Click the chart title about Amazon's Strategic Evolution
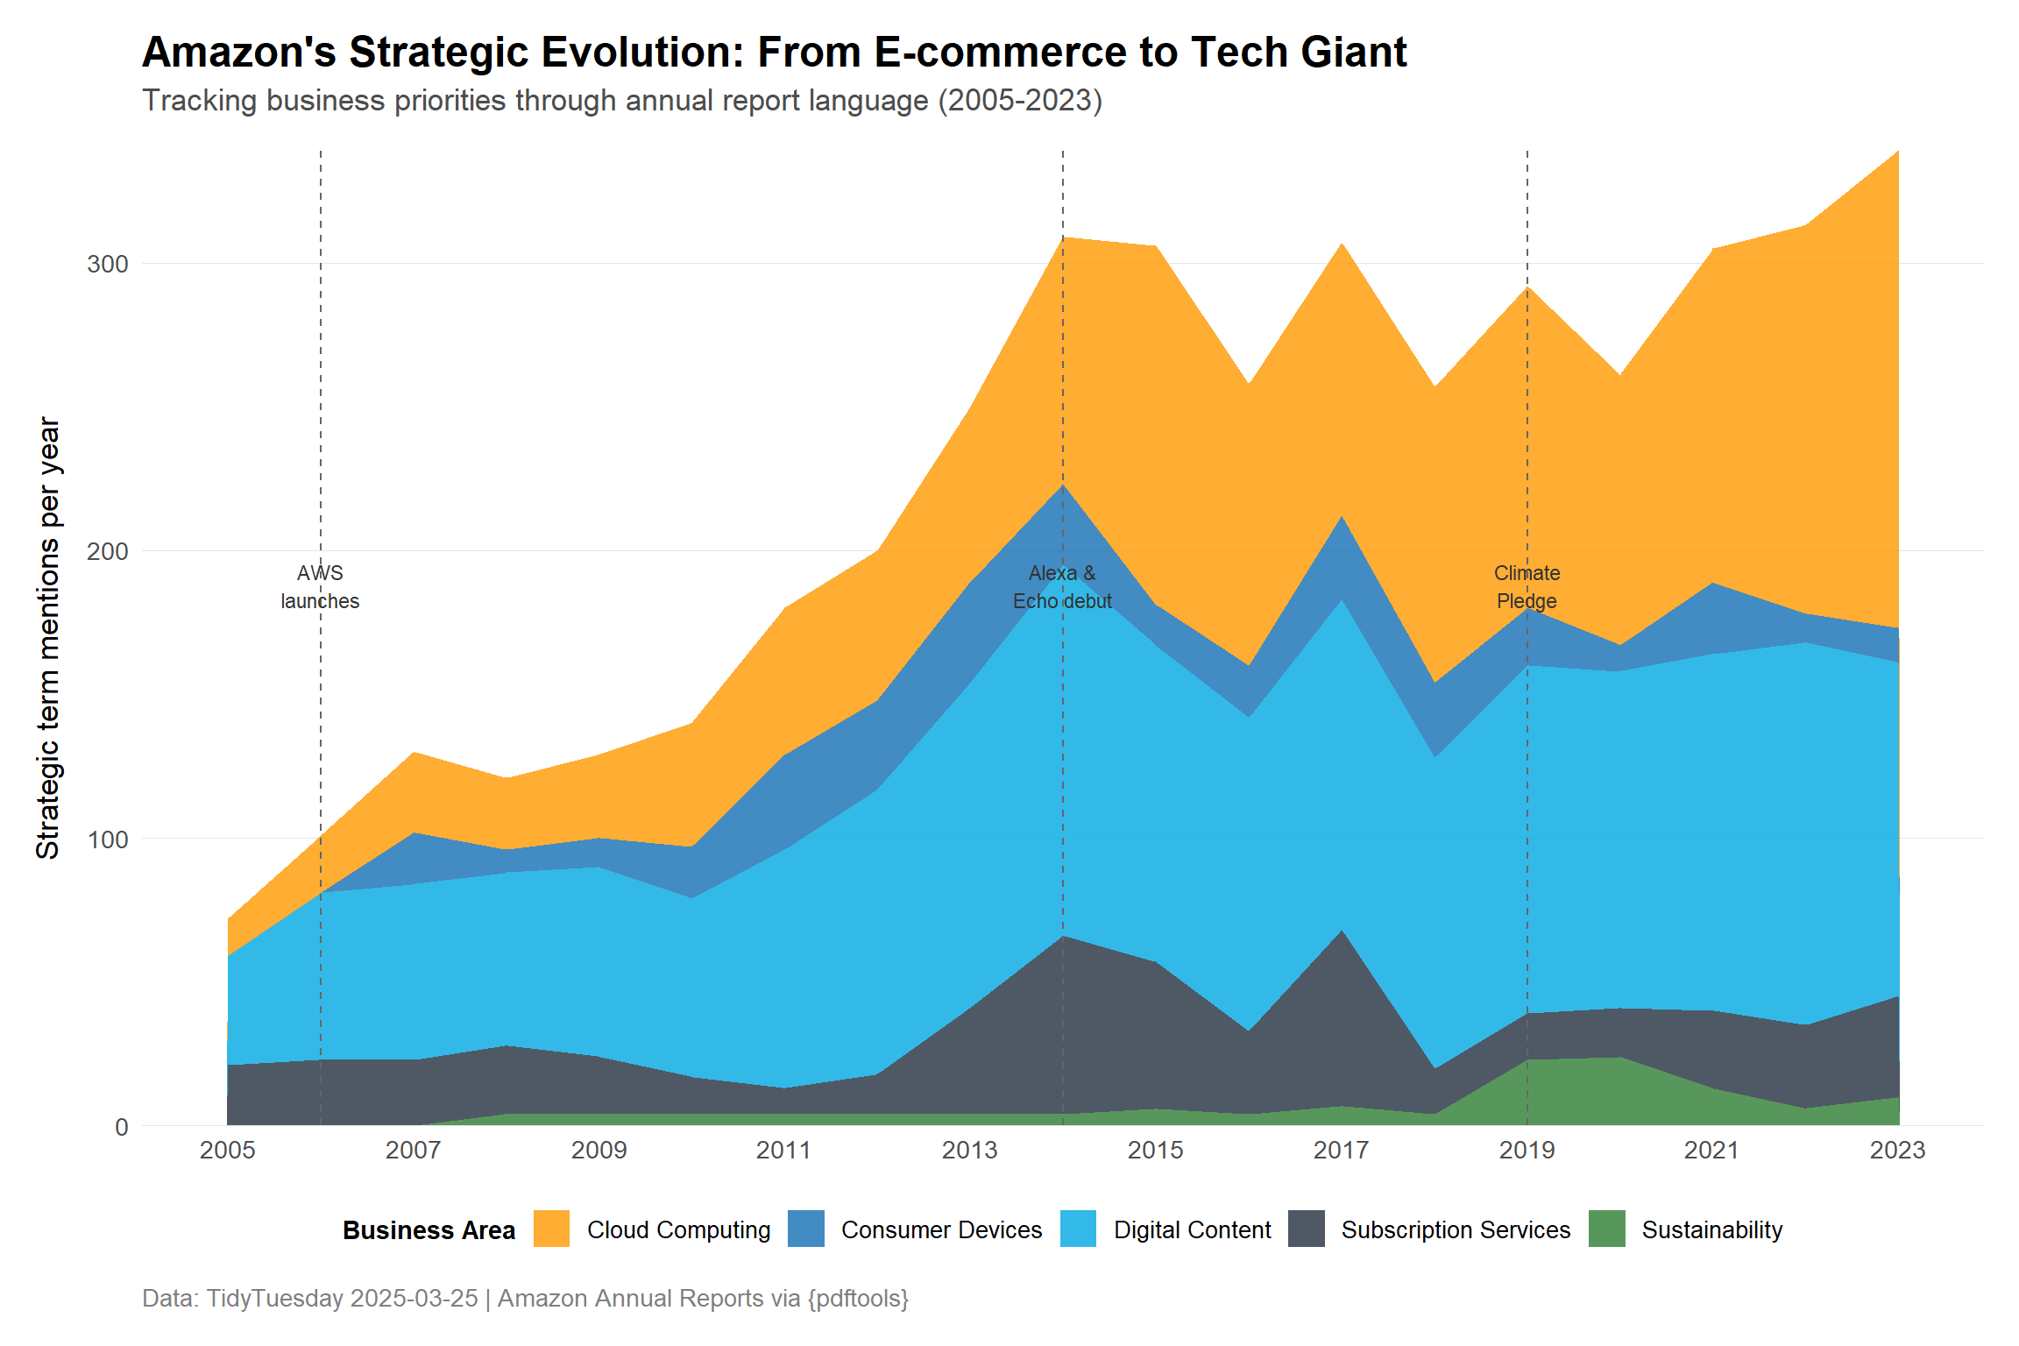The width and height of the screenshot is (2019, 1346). pos(774,52)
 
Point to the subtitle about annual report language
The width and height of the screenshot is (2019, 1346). pos(621,101)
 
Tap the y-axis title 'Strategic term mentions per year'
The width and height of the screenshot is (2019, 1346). pos(48,637)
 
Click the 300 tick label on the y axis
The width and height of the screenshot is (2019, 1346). pos(108,264)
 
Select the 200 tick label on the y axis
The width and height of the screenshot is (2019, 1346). pos(108,551)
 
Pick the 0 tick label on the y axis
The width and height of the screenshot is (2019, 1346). pos(122,1127)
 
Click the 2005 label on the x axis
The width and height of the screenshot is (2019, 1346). pos(227,1151)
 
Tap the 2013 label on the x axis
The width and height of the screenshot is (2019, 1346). pos(969,1151)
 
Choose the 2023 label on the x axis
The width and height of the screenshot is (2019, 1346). pos(1897,1151)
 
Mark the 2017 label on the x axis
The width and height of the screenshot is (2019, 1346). pos(1341,1151)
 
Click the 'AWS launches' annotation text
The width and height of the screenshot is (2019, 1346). pos(320,587)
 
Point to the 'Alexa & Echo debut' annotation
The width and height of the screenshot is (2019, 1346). pos(1062,587)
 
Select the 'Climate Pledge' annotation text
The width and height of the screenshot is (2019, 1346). pos(1527,587)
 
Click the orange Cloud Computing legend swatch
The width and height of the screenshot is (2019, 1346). pos(551,1229)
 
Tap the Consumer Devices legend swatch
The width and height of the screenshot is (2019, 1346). pos(806,1229)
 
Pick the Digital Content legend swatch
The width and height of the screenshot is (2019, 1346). pos(1078,1229)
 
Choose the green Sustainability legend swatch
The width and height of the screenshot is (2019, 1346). pos(1606,1229)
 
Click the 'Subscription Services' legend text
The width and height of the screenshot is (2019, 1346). pos(1456,1230)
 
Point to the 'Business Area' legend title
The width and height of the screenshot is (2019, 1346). pos(429,1230)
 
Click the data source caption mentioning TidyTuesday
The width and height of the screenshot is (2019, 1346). pos(525,1298)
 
